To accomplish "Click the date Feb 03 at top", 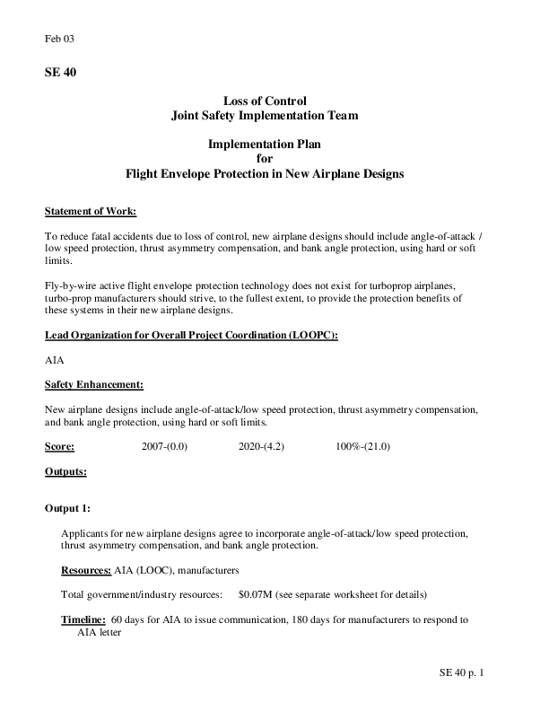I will (x=58, y=40).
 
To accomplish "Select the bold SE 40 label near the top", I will (x=61, y=74).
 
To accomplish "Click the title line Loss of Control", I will (x=265, y=101).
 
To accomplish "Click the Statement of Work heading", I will (x=91, y=212).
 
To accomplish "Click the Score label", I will (x=59, y=446).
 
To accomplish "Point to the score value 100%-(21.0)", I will (x=362, y=446).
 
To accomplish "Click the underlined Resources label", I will (x=86, y=570).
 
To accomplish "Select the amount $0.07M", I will (x=257, y=594).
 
